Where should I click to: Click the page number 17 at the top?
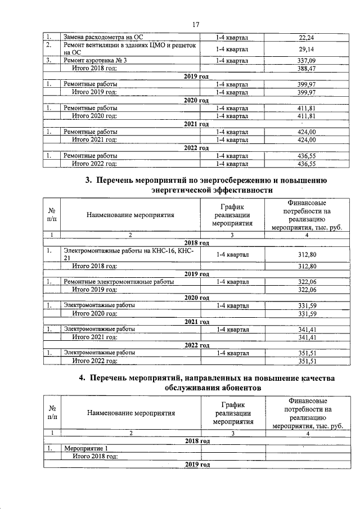(x=196, y=24)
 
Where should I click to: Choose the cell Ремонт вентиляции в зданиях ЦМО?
(x=129, y=46)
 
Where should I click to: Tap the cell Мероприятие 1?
(x=86, y=448)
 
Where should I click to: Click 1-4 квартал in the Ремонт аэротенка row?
(x=232, y=60)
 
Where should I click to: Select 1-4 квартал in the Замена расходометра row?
(x=232, y=37)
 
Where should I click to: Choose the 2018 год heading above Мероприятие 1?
(x=197, y=440)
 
